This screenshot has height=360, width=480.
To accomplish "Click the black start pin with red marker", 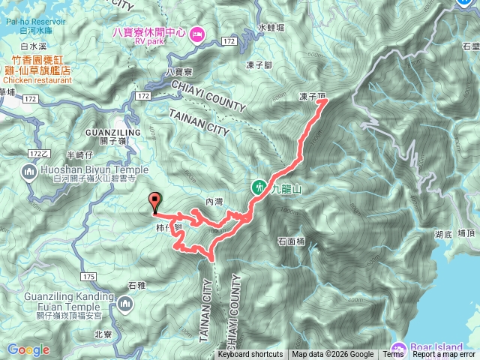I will tap(156, 201).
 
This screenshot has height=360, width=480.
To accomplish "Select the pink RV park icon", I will tap(197, 33).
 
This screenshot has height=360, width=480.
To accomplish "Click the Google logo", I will tap(28, 349).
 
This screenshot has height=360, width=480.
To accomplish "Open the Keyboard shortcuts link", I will tap(250, 355).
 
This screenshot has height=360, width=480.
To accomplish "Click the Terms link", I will tap(393, 355).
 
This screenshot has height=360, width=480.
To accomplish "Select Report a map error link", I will tap(445, 355).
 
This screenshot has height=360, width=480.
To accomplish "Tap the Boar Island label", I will tap(440, 346).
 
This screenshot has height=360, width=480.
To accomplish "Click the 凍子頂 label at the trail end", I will tap(312, 97).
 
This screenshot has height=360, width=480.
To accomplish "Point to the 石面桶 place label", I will tap(291, 241).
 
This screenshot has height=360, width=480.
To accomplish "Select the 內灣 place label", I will tap(214, 202).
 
